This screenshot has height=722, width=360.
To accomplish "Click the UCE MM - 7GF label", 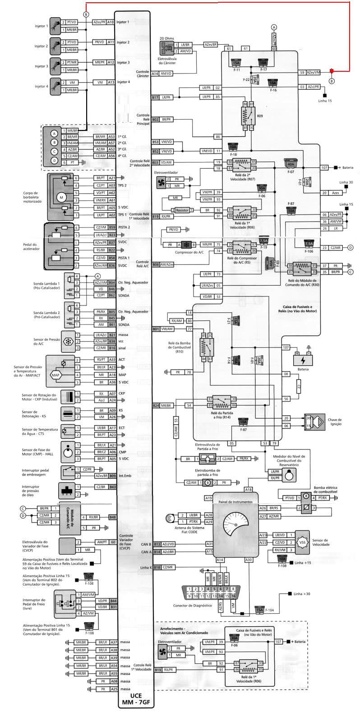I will [x=129, y=699].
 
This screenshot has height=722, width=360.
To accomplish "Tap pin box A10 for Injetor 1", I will [x=111, y=22].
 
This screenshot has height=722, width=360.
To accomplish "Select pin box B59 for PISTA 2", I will [x=112, y=227].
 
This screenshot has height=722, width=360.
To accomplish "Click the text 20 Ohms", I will [x=166, y=39].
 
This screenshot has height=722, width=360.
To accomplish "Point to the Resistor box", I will [x=182, y=210].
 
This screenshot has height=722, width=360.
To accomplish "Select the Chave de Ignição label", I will [x=334, y=421].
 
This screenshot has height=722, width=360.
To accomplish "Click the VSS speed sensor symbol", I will [x=302, y=541].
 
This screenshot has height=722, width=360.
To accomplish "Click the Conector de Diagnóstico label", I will [x=192, y=605].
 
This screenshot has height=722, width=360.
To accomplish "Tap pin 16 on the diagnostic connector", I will [x=233, y=596].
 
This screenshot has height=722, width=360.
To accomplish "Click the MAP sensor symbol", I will [x=55, y=375].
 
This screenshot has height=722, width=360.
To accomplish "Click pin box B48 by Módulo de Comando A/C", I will [x=112, y=517].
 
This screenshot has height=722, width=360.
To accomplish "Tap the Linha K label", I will [x=145, y=567].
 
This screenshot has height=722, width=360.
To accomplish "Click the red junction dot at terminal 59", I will [x=332, y=71].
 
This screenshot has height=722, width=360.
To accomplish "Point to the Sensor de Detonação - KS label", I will [x=34, y=414].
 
